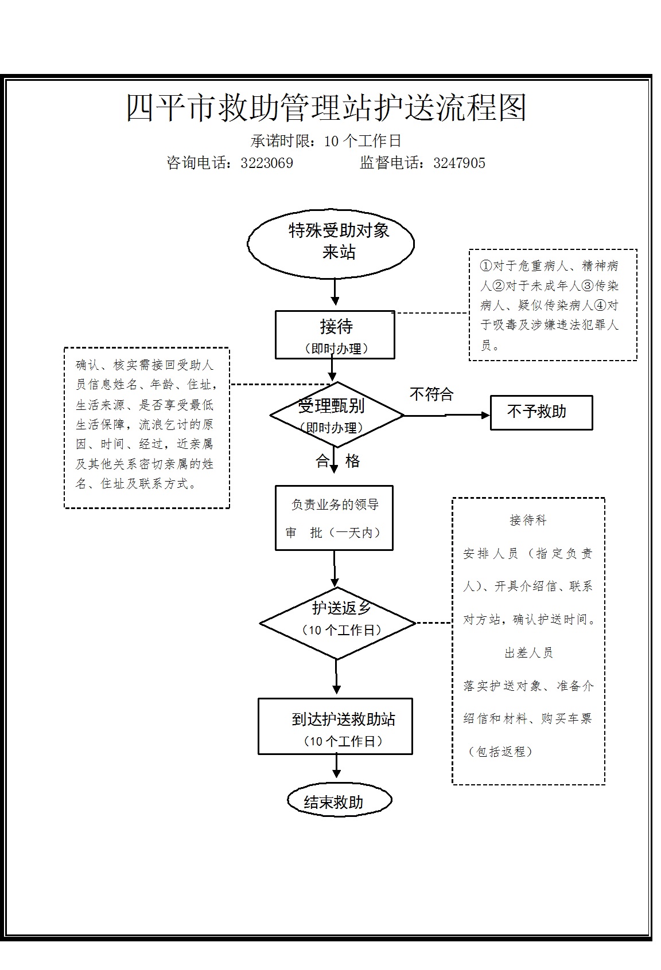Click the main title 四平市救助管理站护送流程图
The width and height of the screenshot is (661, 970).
(326, 107)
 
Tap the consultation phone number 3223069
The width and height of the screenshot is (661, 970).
(267, 163)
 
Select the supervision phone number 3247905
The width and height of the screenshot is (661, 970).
(460, 163)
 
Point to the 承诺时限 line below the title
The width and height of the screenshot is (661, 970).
(326, 140)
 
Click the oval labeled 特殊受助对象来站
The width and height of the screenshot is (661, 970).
(330, 244)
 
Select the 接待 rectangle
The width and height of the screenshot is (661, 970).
(335, 335)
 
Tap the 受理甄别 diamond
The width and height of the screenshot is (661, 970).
(337, 414)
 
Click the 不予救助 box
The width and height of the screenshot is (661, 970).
(542, 412)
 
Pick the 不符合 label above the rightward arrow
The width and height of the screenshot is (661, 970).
(431, 394)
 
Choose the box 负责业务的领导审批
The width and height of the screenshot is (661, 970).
(334, 518)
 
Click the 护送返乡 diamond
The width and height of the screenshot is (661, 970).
(337, 623)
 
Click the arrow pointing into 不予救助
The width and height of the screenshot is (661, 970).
(447, 415)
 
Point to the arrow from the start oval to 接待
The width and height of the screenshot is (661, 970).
(335, 291)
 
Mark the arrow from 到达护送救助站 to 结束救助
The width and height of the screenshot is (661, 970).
(336, 765)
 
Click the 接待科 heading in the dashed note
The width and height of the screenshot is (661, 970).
(528, 519)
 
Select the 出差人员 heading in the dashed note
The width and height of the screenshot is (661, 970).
(528, 652)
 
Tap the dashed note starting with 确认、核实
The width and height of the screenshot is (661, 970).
(146, 428)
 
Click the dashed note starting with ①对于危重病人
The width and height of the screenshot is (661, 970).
(553, 304)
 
